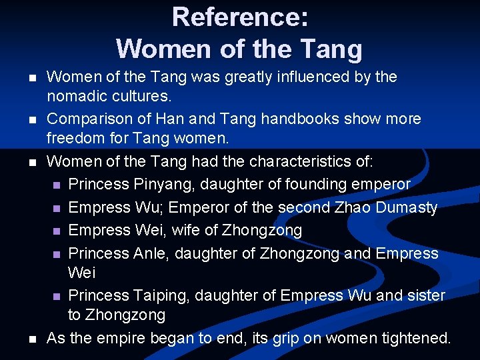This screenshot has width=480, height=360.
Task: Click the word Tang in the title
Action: pyautogui.click(x=332, y=49)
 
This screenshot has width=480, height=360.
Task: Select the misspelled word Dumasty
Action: pyautogui.click(x=407, y=207)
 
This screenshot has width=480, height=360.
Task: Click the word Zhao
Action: pyautogui.click(x=351, y=207)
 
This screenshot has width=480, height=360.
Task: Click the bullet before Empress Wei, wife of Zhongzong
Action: pyautogui.click(x=57, y=231)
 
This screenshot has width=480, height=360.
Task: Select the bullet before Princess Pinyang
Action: pyautogui.click(x=57, y=185)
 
